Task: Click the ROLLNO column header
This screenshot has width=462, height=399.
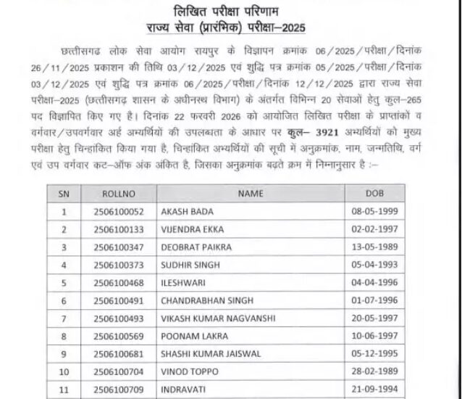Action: click(x=118, y=194)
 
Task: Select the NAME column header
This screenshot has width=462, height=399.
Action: click(x=250, y=194)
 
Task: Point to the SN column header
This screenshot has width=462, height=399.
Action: click(x=64, y=194)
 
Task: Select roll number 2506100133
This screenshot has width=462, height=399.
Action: click(x=119, y=230)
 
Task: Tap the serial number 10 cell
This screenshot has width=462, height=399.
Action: click(x=64, y=371)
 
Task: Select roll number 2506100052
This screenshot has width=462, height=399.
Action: click(x=119, y=212)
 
